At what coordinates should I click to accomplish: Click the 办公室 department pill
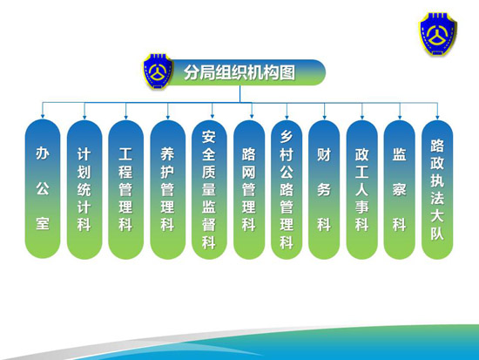pyautogui.click(x=43, y=189)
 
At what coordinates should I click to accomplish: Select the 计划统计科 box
pyautogui.click(x=84, y=190)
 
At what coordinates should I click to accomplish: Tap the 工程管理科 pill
pyautogui.click(x=126, y=190)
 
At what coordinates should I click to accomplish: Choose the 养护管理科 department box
pyautogui.click(x=168, y=190)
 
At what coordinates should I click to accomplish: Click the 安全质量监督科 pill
pyautogui.click(x=209, y=190)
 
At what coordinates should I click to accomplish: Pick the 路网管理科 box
pyautogui.click(x=249, y=190)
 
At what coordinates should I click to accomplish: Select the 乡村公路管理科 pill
pyautogui.click(x=287, y=190)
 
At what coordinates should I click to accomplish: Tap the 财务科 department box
pyautogui.click(x=324, y=190)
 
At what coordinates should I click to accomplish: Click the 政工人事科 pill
pyautogui.click(x=362, y=190)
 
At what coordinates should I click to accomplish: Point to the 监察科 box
pyautogui.click(x=400, y=190)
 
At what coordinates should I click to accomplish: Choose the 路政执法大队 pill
pyautogui.click(x=437, y=190)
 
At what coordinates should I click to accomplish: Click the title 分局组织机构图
pyautogui.click(x=239, y=72)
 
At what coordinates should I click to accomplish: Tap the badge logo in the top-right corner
pyautogui.click(x=438, y=34)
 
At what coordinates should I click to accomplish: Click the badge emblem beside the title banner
pyautogui.click(x=158, y=71)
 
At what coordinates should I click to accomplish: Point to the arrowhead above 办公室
pyautogui.click(x=43, y=116)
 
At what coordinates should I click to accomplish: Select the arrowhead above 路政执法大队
pyautogui.click(x=437, y=117)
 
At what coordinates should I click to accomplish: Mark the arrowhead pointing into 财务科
pyautogui.click(x=325, y=117)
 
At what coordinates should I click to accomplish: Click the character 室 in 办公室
pyautogui.click(x=43, y=223)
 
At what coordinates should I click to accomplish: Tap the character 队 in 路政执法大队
pyautogui.click(x=437, y=234)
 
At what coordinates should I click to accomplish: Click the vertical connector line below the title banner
pyautogui.click(x=239, y=93)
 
